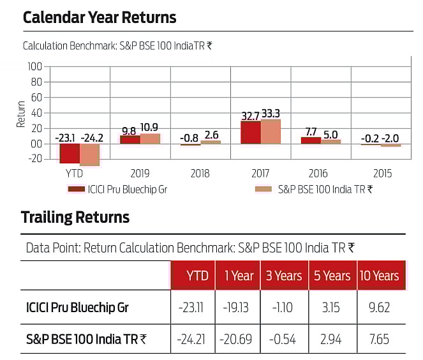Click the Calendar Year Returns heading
100,17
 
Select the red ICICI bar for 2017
251,132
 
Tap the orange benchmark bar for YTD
89,154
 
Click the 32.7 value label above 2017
250,115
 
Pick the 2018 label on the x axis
200,173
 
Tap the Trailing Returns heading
75,218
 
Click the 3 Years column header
283,276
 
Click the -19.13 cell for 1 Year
238,307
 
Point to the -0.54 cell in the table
283,338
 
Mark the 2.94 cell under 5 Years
331,338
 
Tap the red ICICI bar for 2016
311,140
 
